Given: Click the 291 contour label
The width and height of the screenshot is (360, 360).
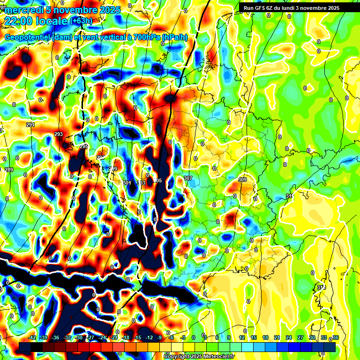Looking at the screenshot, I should coord(30,125).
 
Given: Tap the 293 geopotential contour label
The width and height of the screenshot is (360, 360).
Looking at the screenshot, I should coord(59,135).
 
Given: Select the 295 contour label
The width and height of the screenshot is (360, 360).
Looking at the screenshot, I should coord(84,147).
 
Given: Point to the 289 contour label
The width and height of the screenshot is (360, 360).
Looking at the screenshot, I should coord(9,170).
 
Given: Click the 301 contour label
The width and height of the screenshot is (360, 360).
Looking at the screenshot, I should coord(127,183).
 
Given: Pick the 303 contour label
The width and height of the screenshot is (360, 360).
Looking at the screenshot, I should coord(142,183).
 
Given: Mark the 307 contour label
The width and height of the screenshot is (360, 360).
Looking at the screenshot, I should coord(188,179).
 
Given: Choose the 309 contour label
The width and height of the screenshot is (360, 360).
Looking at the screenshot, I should coord(242,180).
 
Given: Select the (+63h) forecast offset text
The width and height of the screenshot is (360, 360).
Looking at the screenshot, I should coord(81,21).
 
